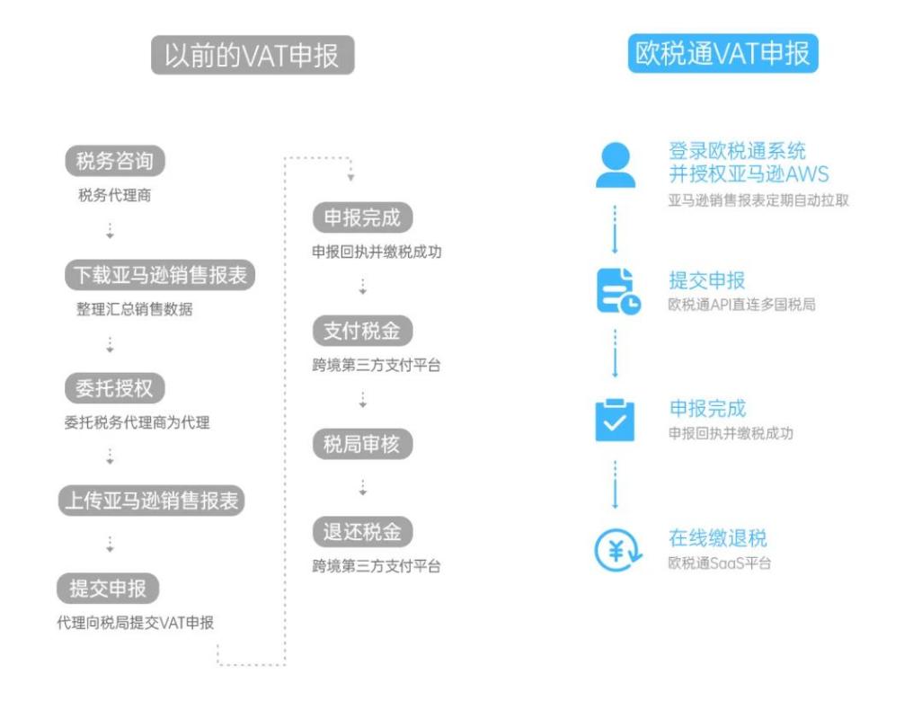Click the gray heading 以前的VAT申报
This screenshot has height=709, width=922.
coord(253,55)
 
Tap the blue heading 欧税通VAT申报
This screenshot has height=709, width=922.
coord(723,54)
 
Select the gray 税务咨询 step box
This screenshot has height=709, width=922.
coord(115,161)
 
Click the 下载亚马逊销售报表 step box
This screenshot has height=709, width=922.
coord(160,275)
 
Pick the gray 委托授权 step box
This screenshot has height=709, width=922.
coord(115,388)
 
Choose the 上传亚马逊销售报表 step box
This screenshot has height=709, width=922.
coord(151,501)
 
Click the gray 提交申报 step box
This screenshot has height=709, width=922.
coord(108,588)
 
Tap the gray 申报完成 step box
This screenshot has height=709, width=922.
coord(362,217)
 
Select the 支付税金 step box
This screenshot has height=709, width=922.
coord(362,331)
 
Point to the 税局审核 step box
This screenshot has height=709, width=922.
coord(362,444)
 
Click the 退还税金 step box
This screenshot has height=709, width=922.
coord(362,532)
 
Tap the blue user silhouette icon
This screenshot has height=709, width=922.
coord(616,164)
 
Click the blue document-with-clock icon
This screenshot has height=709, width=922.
coord(618,291)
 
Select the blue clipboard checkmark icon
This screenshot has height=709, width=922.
coord(615,420)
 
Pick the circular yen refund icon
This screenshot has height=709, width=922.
coord(617,550)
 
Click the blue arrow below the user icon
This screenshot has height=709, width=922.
coord(615,229)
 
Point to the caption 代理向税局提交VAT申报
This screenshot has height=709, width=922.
coord(135,623)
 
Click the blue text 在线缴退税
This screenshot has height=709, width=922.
coord(717,537)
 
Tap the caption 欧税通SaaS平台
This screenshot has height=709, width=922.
coord(719,563)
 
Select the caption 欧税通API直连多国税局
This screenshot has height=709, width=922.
coord(741,305)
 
